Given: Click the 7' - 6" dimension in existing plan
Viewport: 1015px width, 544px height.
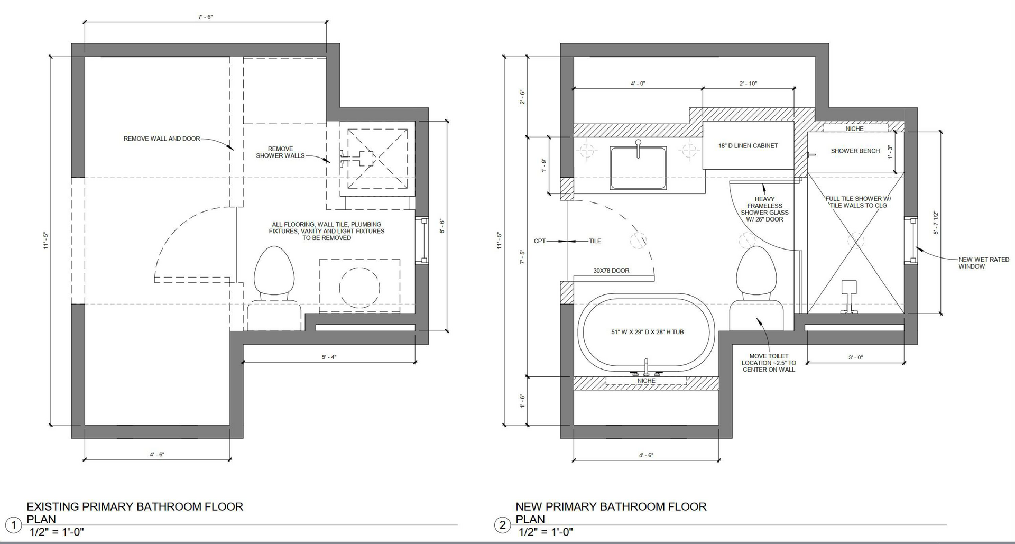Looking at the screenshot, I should [205, 17].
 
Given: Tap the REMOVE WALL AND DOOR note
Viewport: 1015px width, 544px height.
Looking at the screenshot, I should [162, 139].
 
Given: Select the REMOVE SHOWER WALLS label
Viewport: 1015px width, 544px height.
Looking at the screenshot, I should [280, 152].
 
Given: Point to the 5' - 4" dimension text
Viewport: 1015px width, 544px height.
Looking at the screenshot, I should [329, 357].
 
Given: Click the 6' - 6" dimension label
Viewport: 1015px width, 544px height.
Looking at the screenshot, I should [442, 226].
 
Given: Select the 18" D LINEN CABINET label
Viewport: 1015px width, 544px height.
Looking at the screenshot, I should [748, 146].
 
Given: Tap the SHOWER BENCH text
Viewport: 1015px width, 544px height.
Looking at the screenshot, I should [855, 151].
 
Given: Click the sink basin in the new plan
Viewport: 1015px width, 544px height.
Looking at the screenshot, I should [638, 168].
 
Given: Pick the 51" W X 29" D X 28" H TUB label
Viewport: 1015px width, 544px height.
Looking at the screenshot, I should [647, 332].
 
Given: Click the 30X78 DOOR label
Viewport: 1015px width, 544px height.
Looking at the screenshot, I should [611, 271].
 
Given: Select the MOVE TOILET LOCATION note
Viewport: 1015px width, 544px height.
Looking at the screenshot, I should [768, 363].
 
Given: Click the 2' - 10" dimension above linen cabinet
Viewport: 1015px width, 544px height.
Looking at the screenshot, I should [748, 84].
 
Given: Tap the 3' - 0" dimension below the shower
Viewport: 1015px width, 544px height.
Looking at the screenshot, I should [855, 358].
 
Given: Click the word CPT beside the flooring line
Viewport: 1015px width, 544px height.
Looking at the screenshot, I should [539, 241].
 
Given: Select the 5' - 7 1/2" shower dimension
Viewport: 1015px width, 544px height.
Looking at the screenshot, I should [936, 223].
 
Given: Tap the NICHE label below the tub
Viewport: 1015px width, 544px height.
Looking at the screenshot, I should [646, 381].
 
